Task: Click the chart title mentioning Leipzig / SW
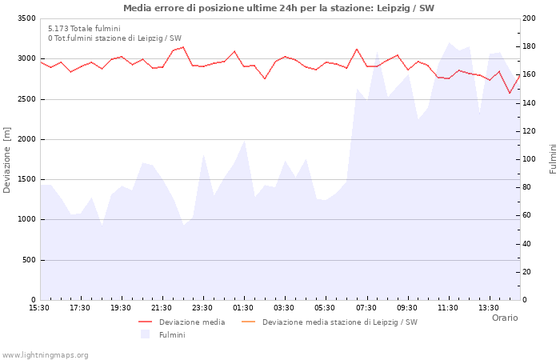(279, 8)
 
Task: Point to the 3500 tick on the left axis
(26, 18)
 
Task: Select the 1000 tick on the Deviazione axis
(26, 220)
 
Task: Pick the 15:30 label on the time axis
(39, 308)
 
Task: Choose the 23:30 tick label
(202, 308)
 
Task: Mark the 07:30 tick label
(366, 308)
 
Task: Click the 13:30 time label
(489, 308)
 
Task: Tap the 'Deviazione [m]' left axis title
(8, 160)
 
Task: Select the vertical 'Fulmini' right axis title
(553, 159)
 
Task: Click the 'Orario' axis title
(505, 318)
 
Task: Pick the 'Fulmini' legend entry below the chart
(172, 335)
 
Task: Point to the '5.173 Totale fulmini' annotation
(84, 29)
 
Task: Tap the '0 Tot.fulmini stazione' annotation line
(114, 38)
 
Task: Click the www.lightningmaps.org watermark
(46, 355)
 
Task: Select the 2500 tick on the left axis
(26, 99)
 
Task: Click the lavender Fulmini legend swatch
(145, 334)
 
